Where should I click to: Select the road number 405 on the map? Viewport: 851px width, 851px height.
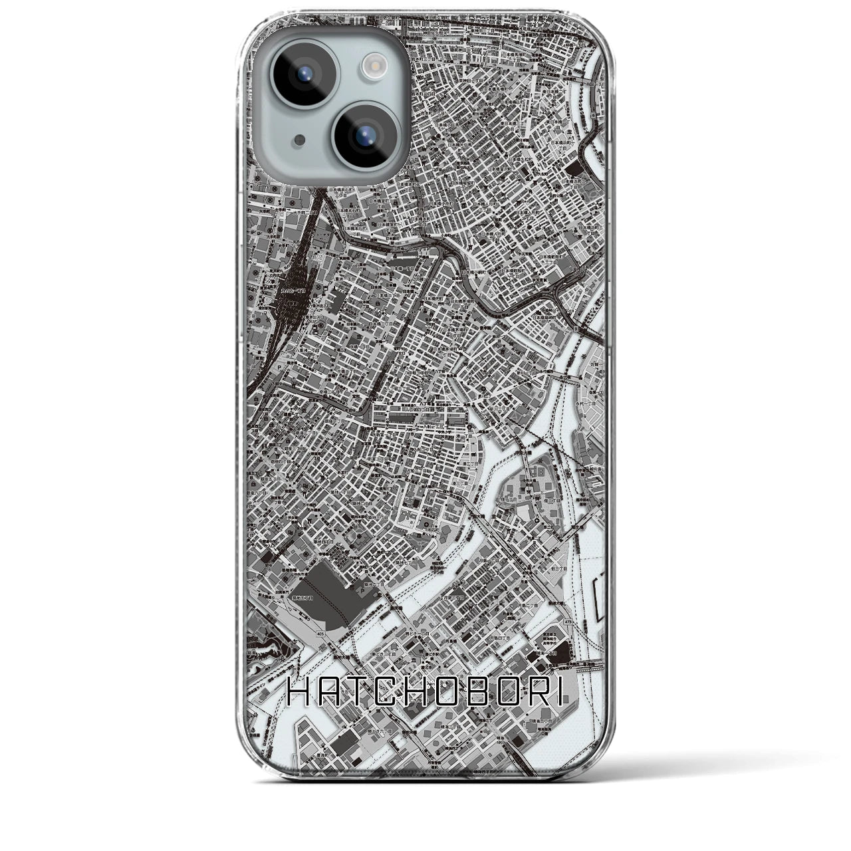pos(321,635)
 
